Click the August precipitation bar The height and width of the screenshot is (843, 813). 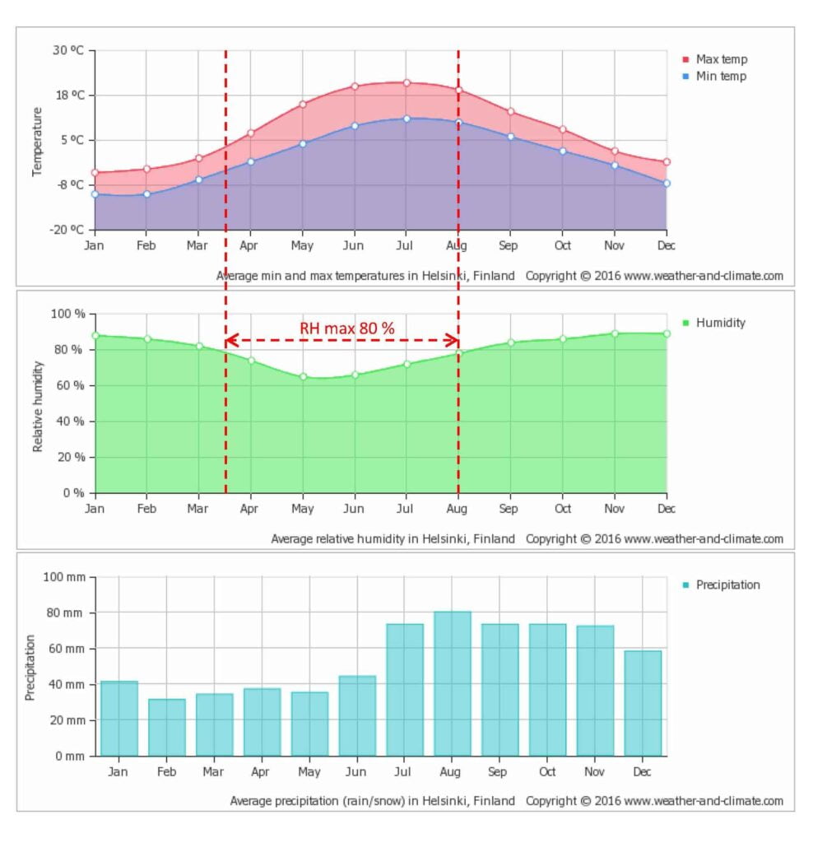(453, 683)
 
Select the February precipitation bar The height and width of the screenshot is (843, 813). (166, 727)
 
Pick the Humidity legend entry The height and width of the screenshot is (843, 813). (720, 323)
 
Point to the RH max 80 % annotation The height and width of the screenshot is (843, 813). (346, 328)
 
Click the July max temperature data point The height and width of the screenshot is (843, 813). (406, 82)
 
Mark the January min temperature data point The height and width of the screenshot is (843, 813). (95, 194)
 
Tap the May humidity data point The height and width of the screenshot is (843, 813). (303, 377)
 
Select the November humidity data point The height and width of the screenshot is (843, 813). (615, 333)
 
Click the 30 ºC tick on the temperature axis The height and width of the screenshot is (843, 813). (69, 50)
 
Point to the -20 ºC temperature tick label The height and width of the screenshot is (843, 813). (67, 230)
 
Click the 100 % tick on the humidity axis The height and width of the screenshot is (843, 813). (68, 314)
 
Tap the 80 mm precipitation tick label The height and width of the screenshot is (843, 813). (66, 613)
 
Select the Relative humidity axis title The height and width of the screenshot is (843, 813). (38, 405)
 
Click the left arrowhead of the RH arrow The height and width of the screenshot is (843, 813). (230, 340)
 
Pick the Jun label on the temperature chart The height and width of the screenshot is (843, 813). (354, 245)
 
